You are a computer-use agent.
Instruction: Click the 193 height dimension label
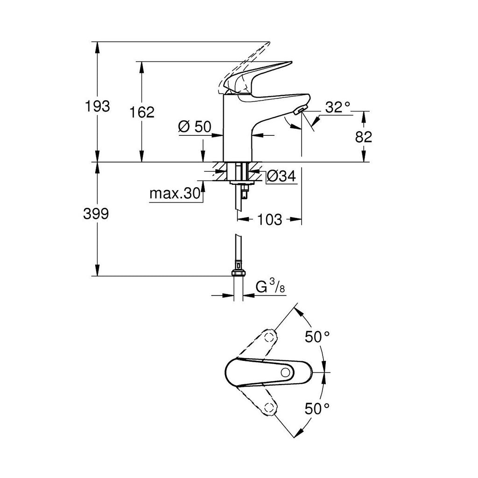pos(97,106)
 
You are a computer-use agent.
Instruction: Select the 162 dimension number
pos(142,112)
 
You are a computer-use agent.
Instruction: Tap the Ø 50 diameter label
pos(195,127)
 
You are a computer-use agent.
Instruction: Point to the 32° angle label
pos(338,107)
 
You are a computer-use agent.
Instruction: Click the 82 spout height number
pos(363,137)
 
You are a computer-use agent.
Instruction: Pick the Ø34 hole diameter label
pos(281,176)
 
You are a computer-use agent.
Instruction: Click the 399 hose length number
pos(96,214)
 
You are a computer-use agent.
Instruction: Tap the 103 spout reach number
pos(270,219)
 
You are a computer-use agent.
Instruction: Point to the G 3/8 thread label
pos(270,287)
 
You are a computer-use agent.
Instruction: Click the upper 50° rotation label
pos(317,337)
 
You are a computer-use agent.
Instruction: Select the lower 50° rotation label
pos(317,408)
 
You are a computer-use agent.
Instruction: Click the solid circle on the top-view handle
pos(286,372)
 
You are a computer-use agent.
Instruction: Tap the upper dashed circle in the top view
pos(269,337)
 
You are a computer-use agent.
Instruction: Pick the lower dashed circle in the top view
pos(269,408)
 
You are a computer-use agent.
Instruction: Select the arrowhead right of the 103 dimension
pos(295,219)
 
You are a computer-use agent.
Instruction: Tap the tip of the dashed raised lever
pos(270,42)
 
